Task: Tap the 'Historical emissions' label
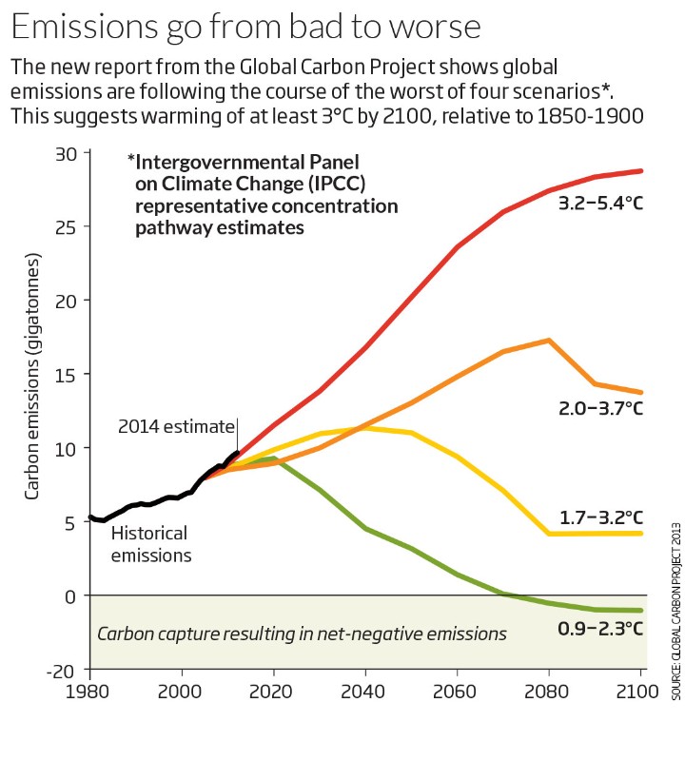click(x=150, y=543)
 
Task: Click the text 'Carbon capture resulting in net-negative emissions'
click(x=303, y=633)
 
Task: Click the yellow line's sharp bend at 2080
click(x=550, y=534)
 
